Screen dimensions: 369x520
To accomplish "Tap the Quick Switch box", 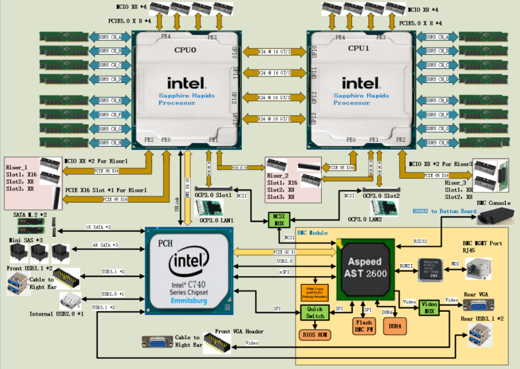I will coord(314,312).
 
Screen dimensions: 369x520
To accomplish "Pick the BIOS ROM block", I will coord(314,336).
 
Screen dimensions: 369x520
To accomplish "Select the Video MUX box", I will coord(429,307).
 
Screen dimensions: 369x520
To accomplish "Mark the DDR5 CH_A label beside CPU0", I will coord(111,37).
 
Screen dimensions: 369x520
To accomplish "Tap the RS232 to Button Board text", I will coord(443,210).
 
